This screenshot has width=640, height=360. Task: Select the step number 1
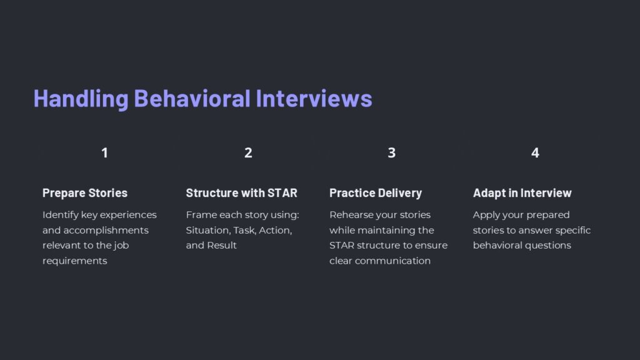coord(104,152)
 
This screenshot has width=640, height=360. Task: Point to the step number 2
coord(248,152)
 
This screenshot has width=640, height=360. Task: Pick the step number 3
coord(391,152)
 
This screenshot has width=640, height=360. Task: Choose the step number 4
coord(535,152)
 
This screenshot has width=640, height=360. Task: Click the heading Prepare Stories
coord(85,193)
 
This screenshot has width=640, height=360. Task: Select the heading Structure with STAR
coord(241,193)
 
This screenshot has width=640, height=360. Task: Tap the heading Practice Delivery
coord(376,193)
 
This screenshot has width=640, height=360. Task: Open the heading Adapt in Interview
coord(522,193)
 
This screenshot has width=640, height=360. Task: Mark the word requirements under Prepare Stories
coord(75,261)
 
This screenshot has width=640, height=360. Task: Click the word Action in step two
coord(275,230)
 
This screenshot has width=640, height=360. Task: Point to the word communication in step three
coord(392,261)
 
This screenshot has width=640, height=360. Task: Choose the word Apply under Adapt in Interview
coord(486,215)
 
